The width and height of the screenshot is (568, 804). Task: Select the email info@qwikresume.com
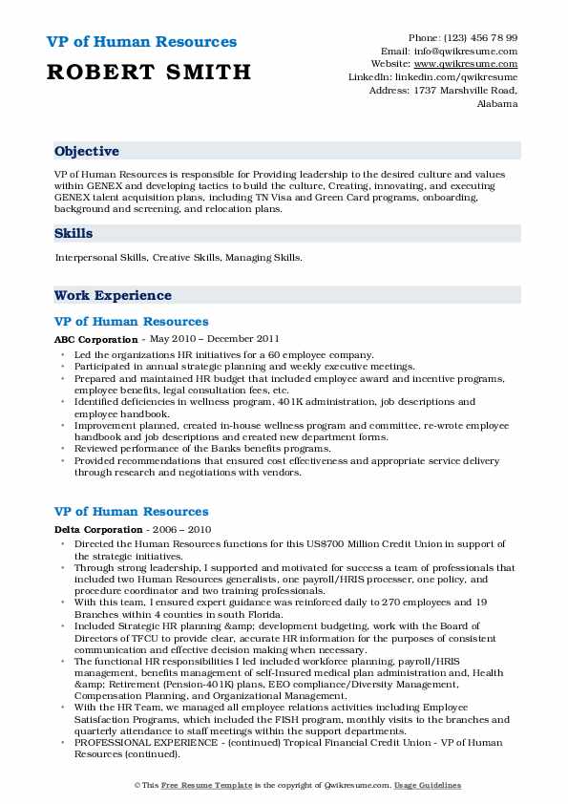[x=463, y=51]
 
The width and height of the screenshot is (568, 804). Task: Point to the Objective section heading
[x=87, y=151]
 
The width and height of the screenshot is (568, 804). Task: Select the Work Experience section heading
[x=113, y=296]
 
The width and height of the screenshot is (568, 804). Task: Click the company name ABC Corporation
[x=96, y=339]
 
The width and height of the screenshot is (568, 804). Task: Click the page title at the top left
[x=141, y=42]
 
